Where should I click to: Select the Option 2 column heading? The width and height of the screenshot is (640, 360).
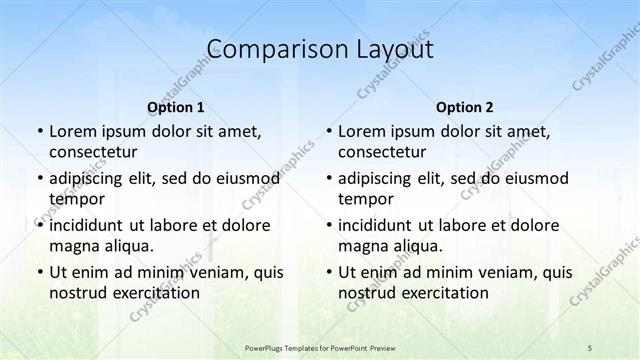tap(465, 107)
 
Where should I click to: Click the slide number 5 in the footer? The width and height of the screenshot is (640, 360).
tap(589, 347)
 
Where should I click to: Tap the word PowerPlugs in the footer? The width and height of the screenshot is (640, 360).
tap(267, 347)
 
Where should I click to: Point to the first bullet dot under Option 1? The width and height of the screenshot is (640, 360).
tap(39, 132)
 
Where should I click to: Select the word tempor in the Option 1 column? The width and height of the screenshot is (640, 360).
tap(73, 198)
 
